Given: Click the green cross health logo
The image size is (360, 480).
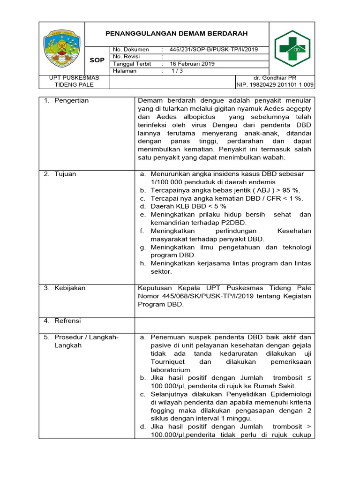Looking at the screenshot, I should [x=292, y=49].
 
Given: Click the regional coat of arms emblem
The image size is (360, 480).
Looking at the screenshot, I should [x=62, y=48].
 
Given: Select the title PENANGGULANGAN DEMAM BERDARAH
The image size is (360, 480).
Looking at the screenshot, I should [x=176, y=34].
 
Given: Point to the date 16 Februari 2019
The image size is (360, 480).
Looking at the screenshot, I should [x=192, y=64].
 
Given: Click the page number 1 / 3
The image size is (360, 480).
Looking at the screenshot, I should [x=177, y=71].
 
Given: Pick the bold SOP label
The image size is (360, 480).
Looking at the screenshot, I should [x=97, y=60].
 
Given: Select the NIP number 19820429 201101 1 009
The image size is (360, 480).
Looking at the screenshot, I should [x=276, y=85].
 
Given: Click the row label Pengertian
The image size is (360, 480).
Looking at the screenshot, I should [x=71, y=101].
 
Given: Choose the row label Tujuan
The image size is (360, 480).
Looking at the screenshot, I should [x=65, y=174].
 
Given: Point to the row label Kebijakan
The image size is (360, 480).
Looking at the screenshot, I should [x=70, y=288].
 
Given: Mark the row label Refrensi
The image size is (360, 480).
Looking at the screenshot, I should [x=67, y=321].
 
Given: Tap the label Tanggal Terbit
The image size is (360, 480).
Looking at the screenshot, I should [x=132, y=64].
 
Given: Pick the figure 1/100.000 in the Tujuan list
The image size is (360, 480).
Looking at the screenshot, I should [x=169, y=182].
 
